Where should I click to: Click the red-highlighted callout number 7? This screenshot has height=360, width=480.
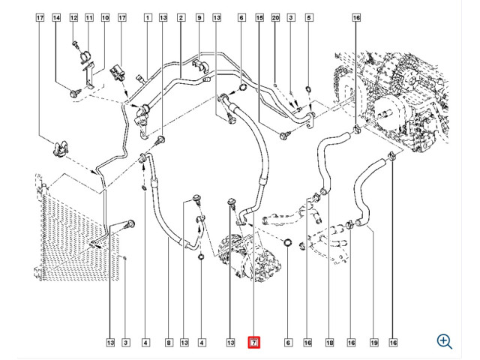[253, 343]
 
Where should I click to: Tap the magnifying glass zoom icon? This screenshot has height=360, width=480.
[445, 341]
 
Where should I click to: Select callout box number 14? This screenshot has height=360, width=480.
[56, 18]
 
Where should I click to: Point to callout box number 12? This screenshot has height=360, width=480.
[73, 18]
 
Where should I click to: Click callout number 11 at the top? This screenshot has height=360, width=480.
[88, 18]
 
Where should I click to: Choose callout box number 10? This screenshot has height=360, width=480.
[105, 18]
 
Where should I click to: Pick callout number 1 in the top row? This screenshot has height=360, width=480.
[148, 18]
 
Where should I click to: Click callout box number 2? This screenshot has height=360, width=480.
[181, 18]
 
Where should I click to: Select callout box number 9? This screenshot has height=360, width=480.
[199, 18]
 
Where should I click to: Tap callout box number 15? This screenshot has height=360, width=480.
[259, 18]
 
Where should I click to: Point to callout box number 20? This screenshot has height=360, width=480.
[275, 18]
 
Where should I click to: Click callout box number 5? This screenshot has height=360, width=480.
[309, 18]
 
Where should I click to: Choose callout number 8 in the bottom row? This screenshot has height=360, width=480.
[169, 343]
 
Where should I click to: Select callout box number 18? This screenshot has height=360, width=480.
[329, 343]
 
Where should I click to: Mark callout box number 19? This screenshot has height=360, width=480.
[374, 343]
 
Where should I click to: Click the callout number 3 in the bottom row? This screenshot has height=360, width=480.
[125, 343]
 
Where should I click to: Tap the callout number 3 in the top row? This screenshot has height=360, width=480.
[291, 18]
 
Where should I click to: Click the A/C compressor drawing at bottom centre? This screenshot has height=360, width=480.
[250, 257]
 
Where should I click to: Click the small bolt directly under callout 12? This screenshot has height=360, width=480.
[75, 44]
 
